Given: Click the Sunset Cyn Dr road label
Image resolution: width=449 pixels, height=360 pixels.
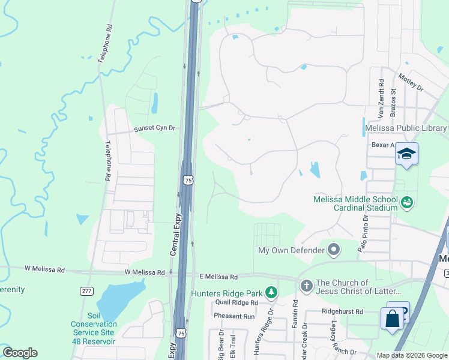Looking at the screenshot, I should (154, 128).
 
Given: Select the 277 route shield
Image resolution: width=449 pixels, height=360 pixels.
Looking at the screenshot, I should (86, 290).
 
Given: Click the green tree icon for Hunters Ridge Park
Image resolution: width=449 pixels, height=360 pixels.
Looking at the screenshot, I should (272, 292).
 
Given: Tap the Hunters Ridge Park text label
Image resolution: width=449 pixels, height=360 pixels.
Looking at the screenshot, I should (228, 293).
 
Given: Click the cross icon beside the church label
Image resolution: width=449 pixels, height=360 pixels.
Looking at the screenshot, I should (306, 286).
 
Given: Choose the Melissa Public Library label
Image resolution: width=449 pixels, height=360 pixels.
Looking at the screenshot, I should (406, 128).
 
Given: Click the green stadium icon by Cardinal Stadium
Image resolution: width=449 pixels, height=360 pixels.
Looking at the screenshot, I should (408, 203).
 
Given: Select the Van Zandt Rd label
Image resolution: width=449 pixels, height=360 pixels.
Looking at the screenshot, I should (381, 98).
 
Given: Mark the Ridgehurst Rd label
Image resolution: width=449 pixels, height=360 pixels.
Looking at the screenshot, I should (343, 312).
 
